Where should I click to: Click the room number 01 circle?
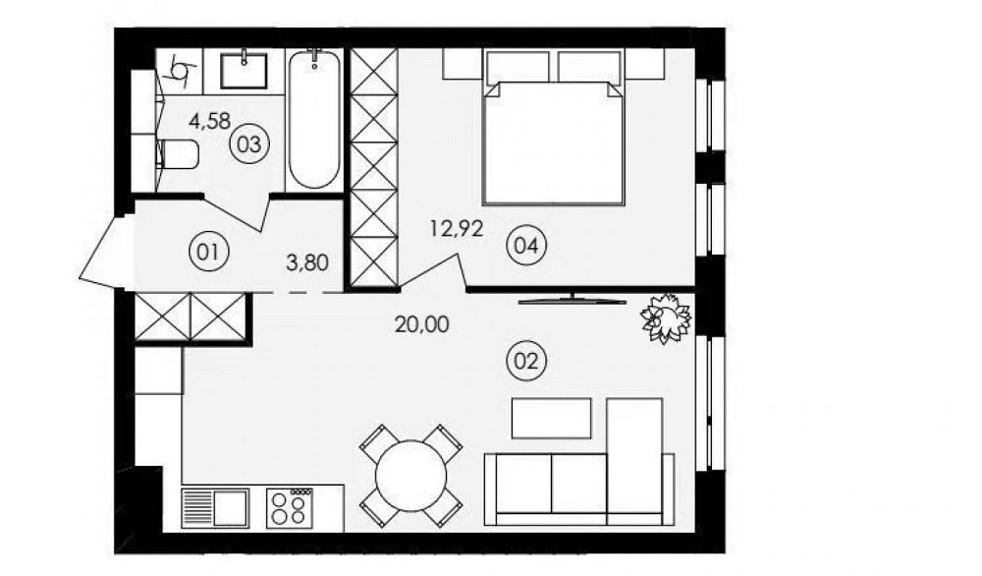(206, 252)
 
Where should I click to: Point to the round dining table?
(411, 474)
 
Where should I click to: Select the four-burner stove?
(291, 508)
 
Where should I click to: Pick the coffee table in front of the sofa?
(552, 418)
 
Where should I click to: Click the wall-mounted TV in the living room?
(573, 298)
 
